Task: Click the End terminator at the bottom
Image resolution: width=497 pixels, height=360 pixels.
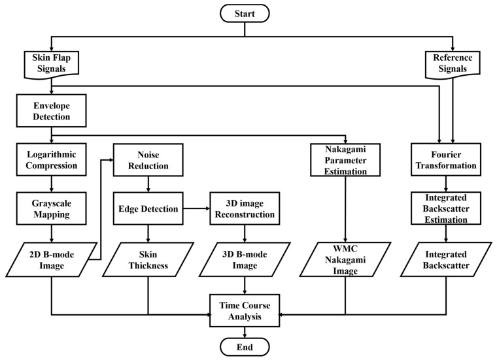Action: [x=245, y=346]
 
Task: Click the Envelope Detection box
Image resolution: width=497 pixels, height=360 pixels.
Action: [x=51, y=110]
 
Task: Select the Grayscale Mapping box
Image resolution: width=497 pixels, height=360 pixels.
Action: [x=51, y=207]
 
